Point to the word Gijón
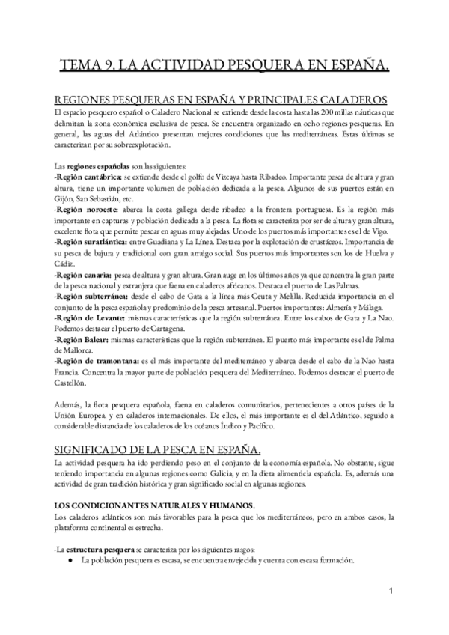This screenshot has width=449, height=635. coord(64,200)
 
